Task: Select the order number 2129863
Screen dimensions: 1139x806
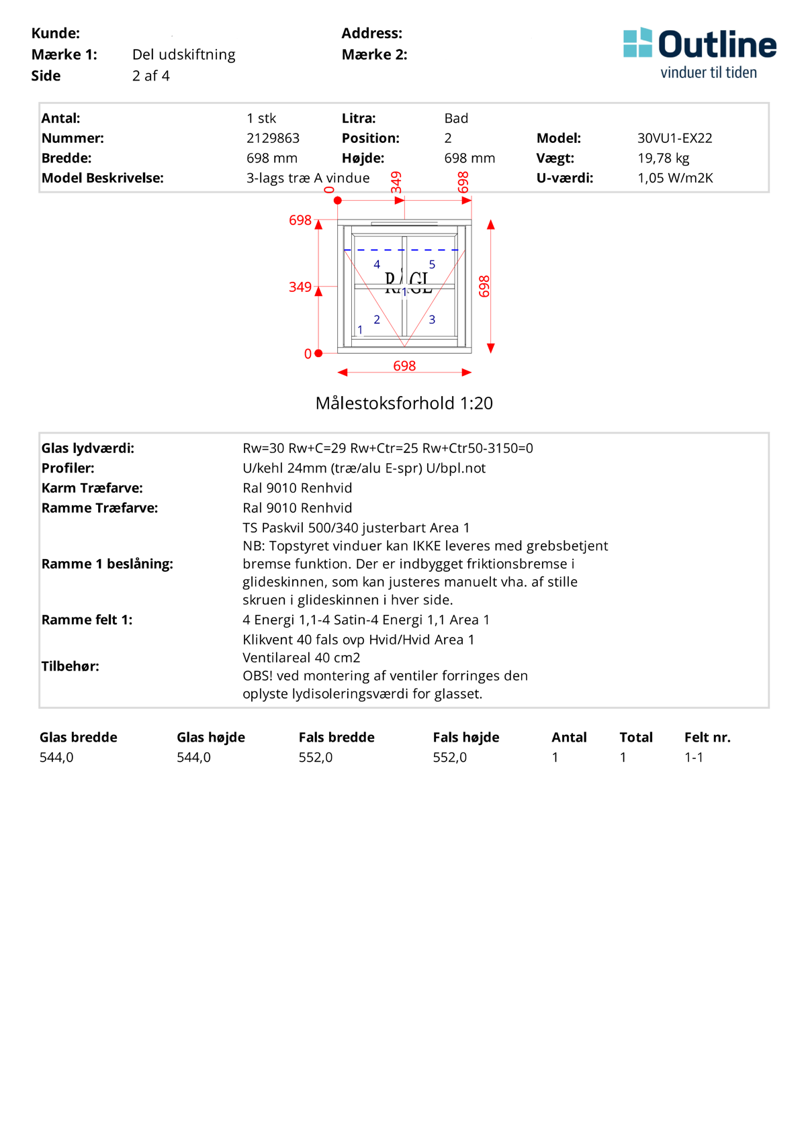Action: (x=273, y=138)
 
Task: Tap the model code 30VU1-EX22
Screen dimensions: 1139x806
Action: (x=674, y=138)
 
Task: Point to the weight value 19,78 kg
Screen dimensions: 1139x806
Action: (x=663, y=158)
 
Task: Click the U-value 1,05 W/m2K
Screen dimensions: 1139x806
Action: (x=674, y=178)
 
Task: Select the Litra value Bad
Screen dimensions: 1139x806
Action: (x=456, y=118)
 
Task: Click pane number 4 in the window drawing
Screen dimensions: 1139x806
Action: (x=377, y=264)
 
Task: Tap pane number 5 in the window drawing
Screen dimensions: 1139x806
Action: (x=432, y=264)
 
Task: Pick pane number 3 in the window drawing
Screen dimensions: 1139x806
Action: (x=432, y=319)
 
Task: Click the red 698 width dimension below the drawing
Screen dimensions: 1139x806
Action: (x=404, y=366)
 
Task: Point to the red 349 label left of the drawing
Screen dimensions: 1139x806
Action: (x=300, y=287)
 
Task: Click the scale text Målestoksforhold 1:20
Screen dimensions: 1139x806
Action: (x=404, y=403)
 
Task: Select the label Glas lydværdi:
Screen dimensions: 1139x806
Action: (x=88, y=448)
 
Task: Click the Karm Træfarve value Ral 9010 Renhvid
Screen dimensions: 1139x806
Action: (x=298, y=488)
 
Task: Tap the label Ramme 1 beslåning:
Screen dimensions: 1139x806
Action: (x=107, y=564)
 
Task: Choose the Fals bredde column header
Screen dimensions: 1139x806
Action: (x=337, y=737)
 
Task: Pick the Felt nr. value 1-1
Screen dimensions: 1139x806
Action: (x=694, y=757)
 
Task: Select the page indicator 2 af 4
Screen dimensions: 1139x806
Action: (x=151, y=76)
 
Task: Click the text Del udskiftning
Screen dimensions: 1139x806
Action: (x=184, y=54)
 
